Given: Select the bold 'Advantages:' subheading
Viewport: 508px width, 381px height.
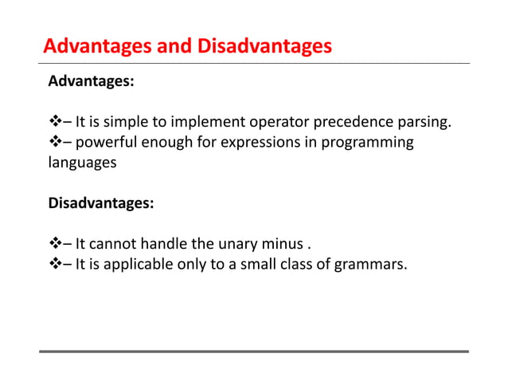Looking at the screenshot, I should [91, 81].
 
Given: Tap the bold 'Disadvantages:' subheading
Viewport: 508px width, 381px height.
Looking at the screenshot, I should [101, 202].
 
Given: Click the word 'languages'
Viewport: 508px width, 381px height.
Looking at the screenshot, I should [82, 163].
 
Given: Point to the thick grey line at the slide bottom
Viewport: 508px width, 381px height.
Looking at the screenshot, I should [254, 351].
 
